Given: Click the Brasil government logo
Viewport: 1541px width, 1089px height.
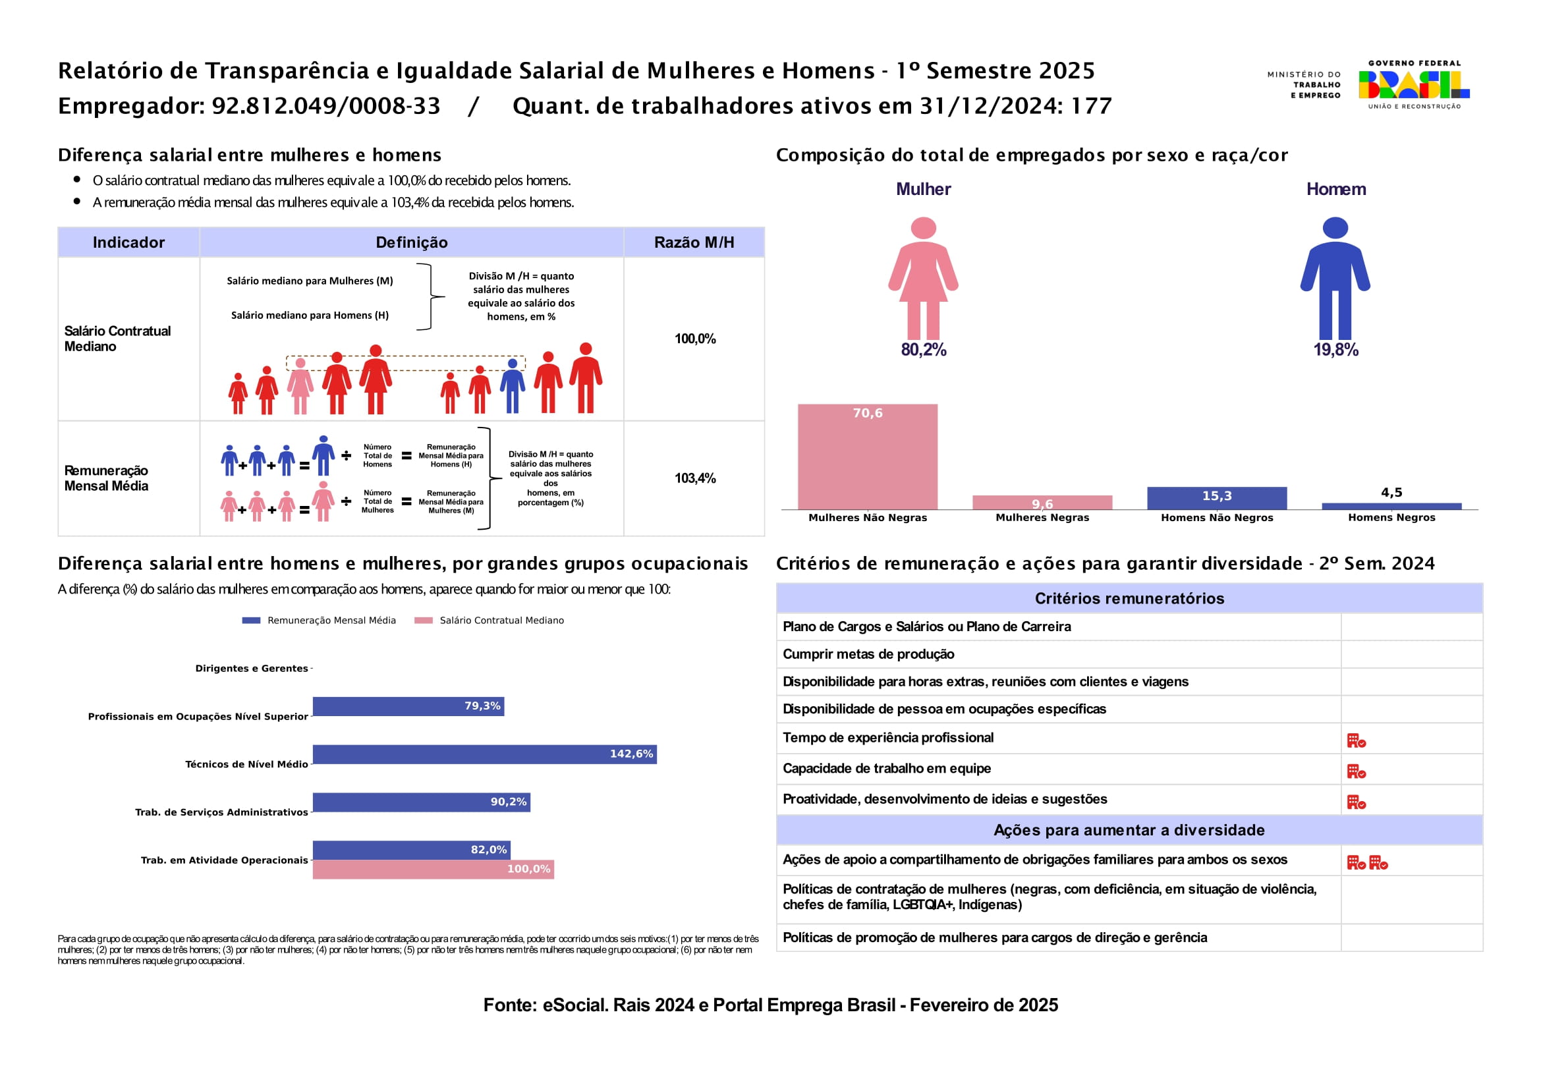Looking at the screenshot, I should tap(1413, 84).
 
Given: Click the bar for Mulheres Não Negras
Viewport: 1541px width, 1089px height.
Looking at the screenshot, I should tap(867, 457).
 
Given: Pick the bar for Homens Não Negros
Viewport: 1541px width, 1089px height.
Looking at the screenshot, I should tap(1216, 498).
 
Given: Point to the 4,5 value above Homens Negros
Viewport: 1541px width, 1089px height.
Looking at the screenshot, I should tap(1391, 493).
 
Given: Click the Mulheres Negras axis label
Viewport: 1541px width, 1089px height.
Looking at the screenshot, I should tap(1042, 517).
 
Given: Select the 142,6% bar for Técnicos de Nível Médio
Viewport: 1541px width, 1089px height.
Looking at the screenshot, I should tap(484, 754).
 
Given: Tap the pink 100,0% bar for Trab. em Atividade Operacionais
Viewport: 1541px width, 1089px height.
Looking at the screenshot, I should tap(433, 869).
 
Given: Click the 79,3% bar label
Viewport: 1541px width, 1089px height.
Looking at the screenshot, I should tap(482, 706).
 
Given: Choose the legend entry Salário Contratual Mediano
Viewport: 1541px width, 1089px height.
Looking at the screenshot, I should tap(501, 621).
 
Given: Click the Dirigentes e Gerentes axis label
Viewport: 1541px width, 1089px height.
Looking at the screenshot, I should tap(252, 668).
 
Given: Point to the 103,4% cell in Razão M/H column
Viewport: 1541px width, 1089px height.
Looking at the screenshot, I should tap(694, 478).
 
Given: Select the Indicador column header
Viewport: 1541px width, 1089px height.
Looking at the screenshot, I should tap(128, 242).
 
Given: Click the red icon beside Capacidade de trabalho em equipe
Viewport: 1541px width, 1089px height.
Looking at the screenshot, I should tap(1356, 771).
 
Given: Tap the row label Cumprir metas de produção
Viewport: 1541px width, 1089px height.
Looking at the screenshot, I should tap(868, 654).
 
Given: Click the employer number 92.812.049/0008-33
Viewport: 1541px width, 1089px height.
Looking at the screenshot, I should tap(326, 106).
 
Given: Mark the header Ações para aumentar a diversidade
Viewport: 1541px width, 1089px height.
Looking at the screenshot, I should tap(1129, 830).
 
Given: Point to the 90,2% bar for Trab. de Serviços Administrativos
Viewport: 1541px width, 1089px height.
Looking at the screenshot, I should tap(421, 802).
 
